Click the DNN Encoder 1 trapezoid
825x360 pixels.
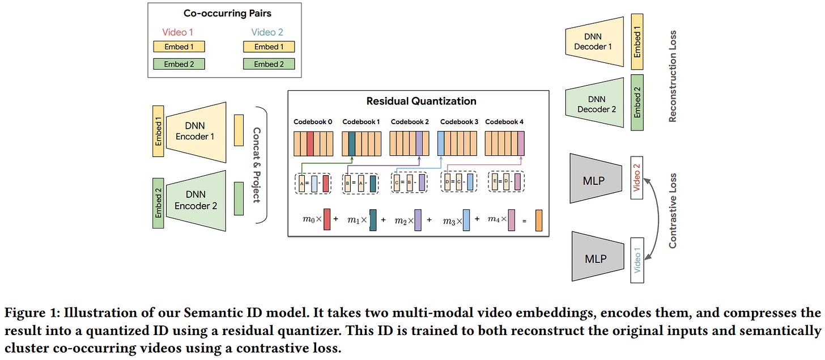[x=195, y=132]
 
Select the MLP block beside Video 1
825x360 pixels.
[x=595, y=258]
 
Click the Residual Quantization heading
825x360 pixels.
[x=421, y=101]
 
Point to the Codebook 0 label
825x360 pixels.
[x=313, y=122]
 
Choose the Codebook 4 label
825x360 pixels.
[x=505, y=122]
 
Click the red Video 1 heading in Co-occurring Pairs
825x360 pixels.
[x=177, y=32]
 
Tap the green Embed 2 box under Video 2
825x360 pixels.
[x=269, y=64]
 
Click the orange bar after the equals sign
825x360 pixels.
[x=538, y=220]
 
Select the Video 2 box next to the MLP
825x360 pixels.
[x=637, y=177]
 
